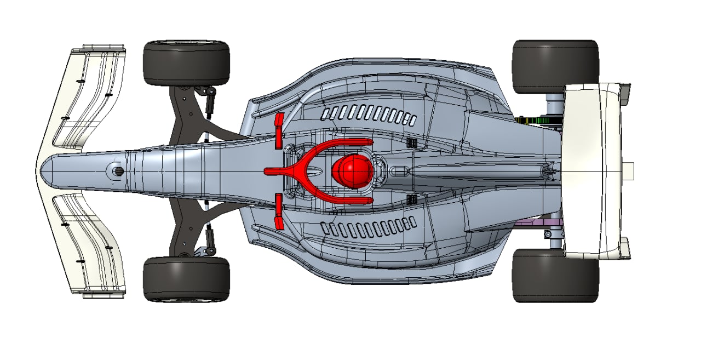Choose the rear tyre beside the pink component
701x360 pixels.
(x=554, y=276)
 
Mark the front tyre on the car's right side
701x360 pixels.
(x=186, y=62)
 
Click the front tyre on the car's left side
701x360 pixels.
(x=186, y=279)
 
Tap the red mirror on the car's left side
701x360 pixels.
(x=278, y=210)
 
